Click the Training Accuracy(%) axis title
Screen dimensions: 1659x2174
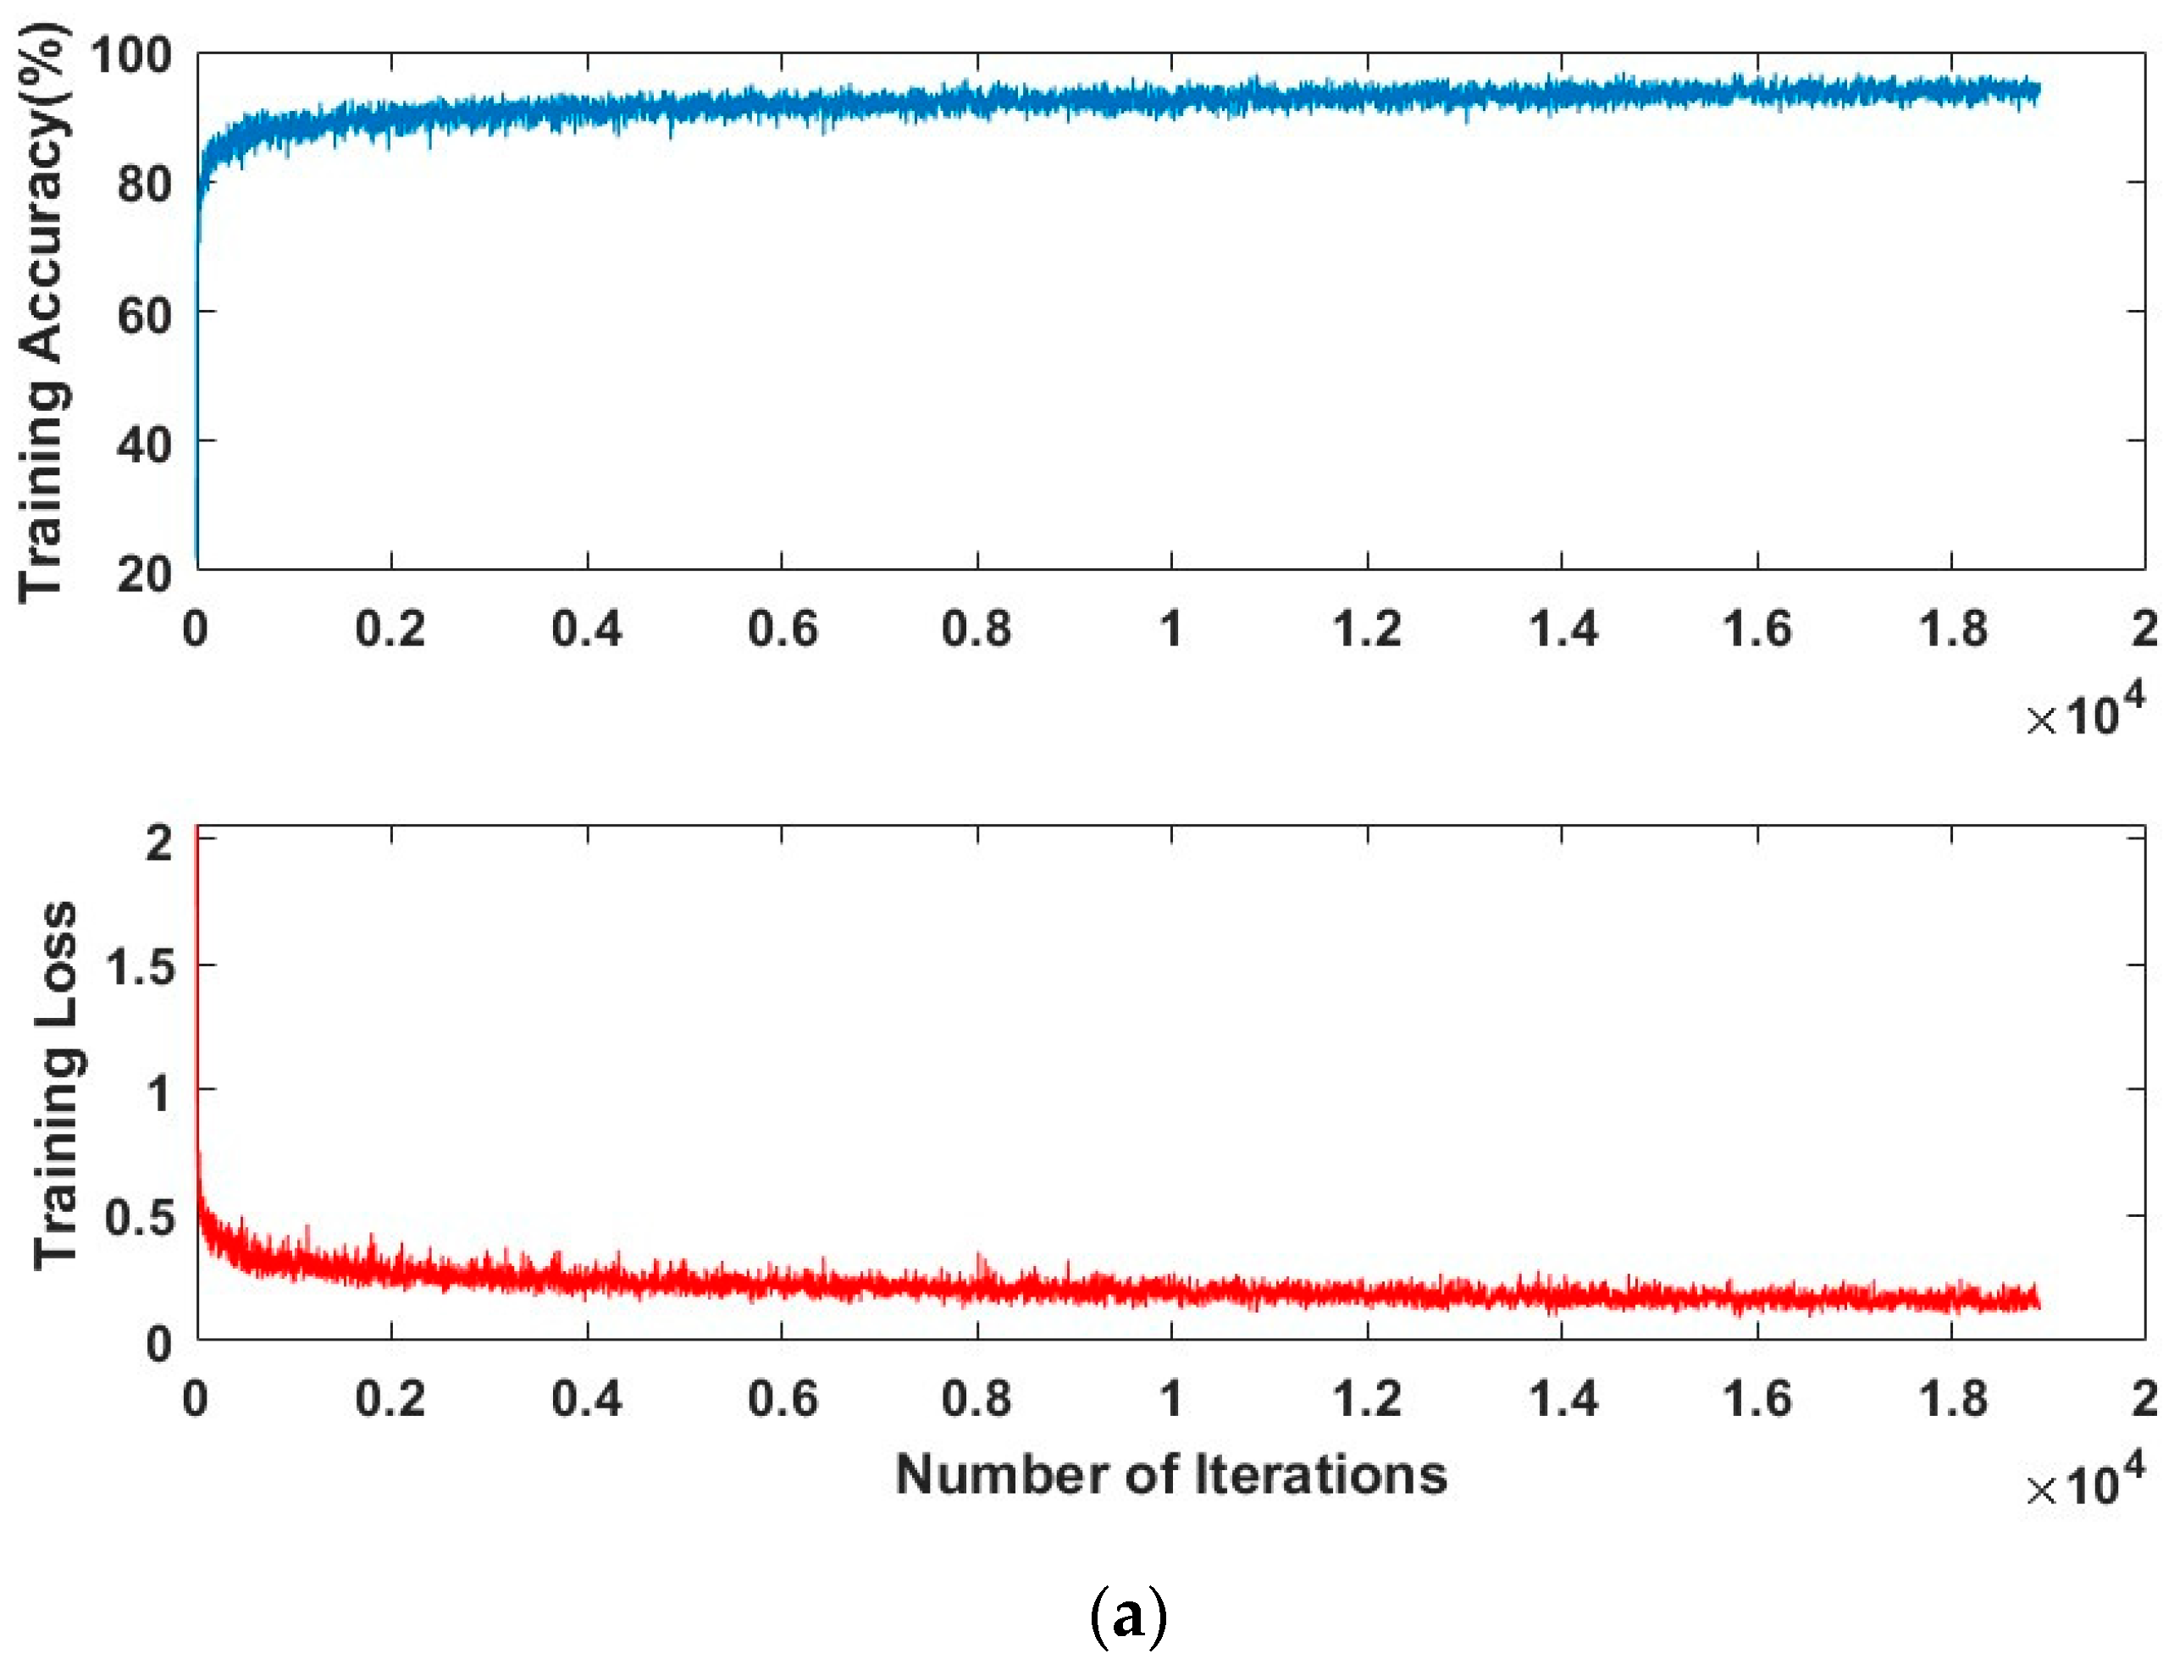tap(43, 311)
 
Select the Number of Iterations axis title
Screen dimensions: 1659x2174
tap(1171, 1475)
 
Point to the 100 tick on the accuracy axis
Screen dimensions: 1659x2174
tap(130, 55)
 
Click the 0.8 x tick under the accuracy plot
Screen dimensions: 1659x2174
tap(976, 629)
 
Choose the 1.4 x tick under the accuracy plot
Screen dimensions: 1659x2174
tap(1563, 629)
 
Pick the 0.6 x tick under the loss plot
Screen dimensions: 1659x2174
tap(782, 1398)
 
